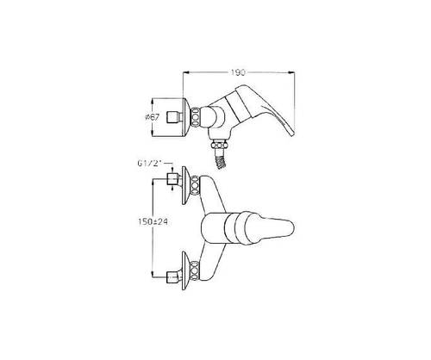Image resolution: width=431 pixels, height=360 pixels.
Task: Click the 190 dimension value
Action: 238,72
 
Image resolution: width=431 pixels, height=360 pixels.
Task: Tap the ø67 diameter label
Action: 152,117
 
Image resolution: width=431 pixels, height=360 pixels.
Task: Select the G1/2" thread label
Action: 150,164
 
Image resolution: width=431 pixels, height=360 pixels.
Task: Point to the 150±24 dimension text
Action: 153,222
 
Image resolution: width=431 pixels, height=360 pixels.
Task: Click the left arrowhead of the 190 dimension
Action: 185,72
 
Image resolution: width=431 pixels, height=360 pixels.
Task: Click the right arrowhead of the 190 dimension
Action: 292,72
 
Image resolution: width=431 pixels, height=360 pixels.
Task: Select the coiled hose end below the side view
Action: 220,159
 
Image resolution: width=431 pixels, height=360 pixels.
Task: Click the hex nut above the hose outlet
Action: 221,145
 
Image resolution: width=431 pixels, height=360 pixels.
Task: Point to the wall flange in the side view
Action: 187,116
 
